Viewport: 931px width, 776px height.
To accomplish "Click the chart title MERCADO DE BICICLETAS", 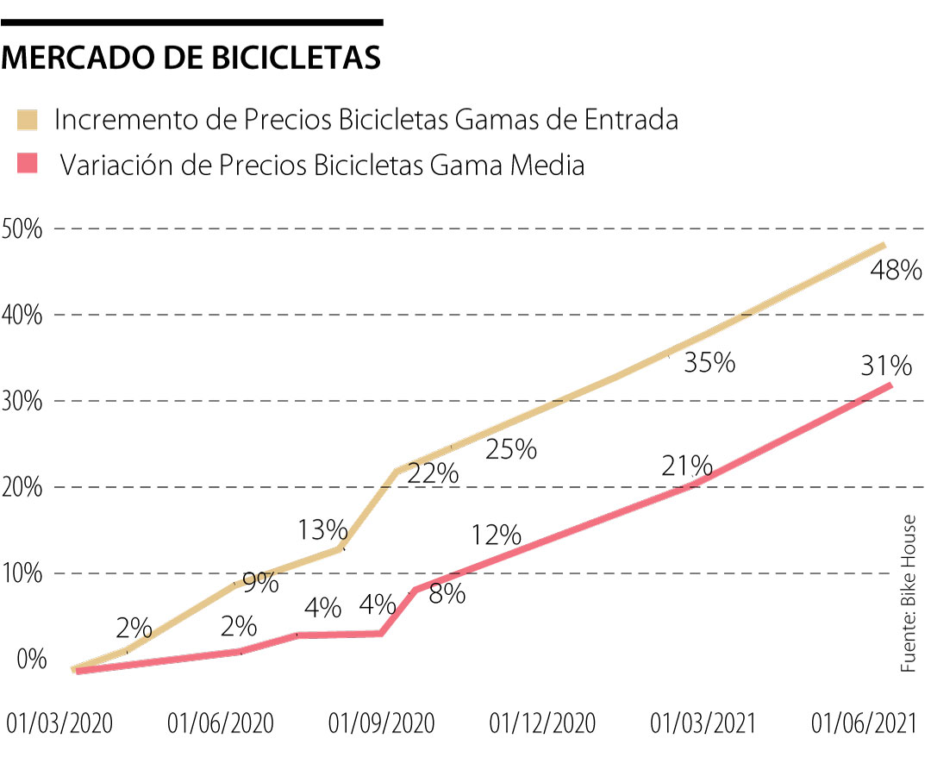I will pos(192,58).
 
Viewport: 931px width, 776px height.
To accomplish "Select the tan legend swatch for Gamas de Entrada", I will pos(29,120).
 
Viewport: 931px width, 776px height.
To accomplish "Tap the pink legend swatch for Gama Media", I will pos(29,164).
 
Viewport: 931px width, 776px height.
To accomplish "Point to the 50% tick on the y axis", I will pos(22,229).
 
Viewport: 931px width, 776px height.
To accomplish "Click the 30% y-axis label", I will pos(22,402).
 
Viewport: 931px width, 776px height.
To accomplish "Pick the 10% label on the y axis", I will pos(22,574).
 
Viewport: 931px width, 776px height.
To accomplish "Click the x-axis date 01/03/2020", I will pos(59,723).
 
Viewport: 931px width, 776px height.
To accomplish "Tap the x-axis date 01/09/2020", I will pos(382,723).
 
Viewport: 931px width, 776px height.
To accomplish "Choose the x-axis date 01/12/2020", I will pos(542,723).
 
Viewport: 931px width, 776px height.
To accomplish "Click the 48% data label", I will pos(897,272).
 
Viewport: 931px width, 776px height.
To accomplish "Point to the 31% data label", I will pos(885,366).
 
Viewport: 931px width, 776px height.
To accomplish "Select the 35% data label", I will pos(709,363).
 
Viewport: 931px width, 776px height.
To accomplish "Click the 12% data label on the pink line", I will pos(497,535).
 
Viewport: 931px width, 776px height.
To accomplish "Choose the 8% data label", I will pos(447,594).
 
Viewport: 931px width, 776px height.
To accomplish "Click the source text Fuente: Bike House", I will pos(908,595).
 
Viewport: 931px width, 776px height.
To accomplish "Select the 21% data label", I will pos(687,466).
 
